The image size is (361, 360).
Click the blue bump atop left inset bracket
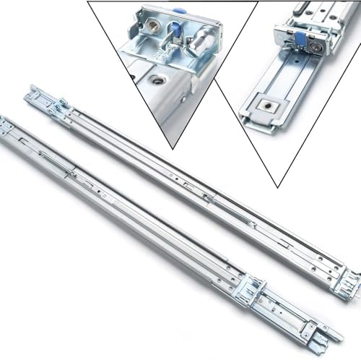179,11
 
